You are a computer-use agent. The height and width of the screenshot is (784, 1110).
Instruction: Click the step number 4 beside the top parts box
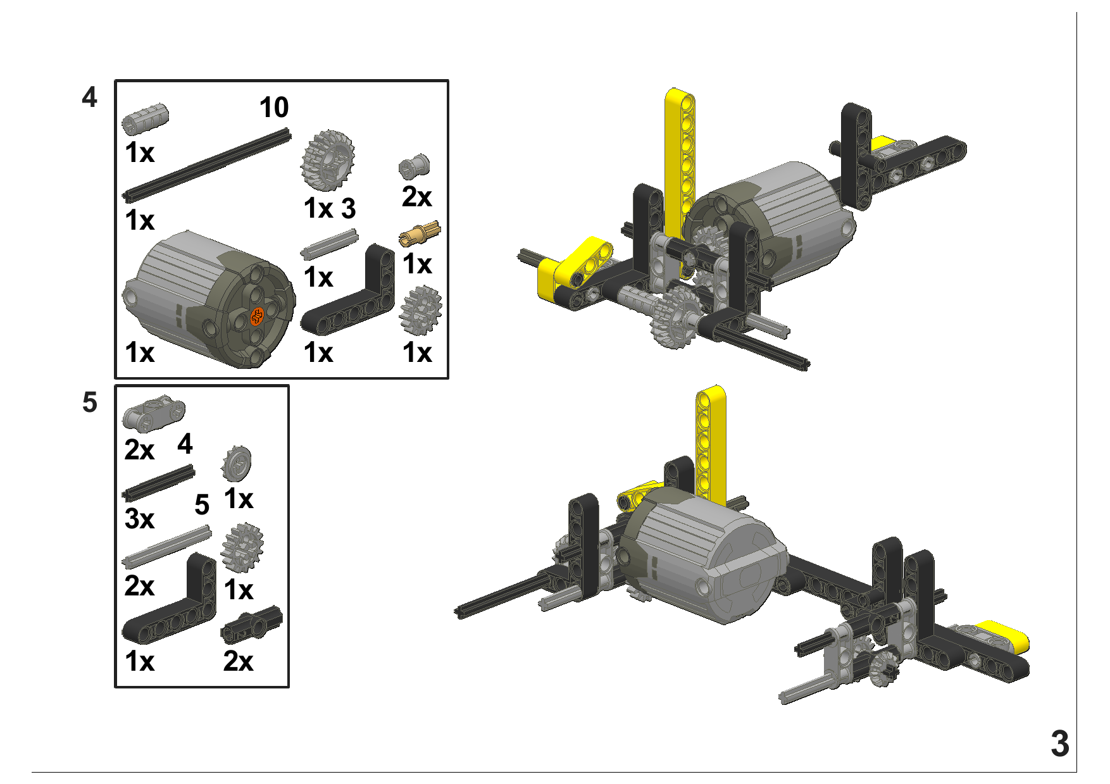coord(89,97)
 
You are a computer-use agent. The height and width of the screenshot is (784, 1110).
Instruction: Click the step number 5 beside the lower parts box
coord(90,402)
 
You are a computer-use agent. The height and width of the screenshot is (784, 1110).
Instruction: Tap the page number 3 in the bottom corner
coord(1059,744)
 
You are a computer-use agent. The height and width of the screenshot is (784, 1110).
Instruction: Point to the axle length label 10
coord(274,108)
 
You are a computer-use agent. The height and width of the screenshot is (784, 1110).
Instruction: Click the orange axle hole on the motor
coord(257,316)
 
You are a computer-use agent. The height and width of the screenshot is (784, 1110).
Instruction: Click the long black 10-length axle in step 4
coord(206,165)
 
